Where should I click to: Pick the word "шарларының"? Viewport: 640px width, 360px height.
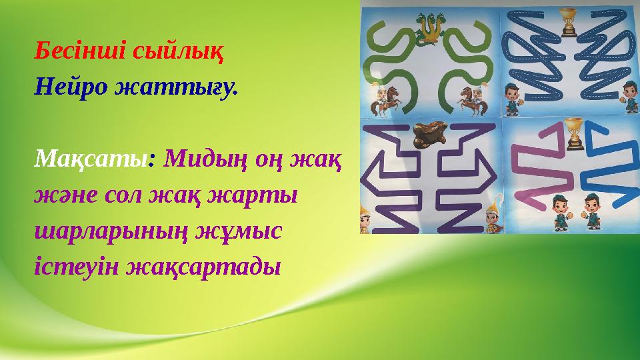[110, 233]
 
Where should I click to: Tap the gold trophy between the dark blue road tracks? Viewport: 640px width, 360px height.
[568, 21]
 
